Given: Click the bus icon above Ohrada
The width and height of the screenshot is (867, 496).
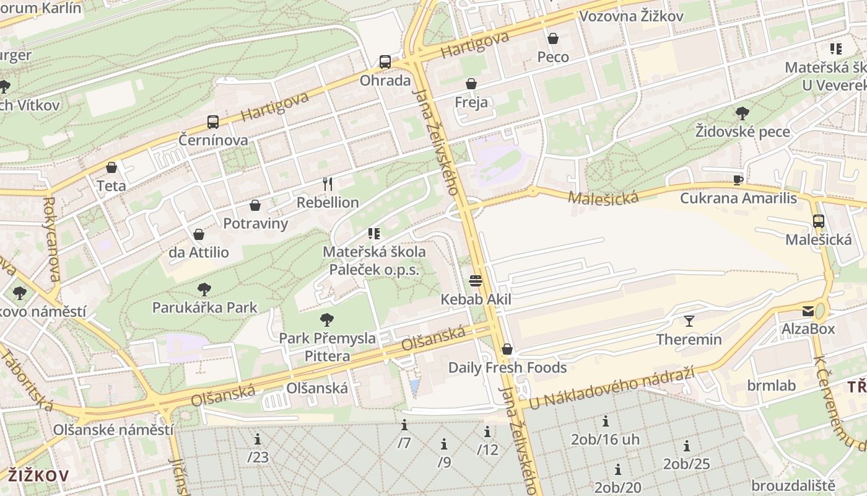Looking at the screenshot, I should click(x=385, y=62).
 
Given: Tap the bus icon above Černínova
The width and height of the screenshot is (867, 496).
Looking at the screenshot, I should click(x=212, y=122).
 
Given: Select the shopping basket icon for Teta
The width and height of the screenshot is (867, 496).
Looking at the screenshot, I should click(x=111, y=167).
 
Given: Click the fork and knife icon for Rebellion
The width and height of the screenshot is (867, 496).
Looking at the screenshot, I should click(x=328, y=184).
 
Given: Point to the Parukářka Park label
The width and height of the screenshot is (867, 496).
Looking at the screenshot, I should click(x=204, y=307).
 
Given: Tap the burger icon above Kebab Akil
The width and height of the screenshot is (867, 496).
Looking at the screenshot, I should click(x=476, y=281).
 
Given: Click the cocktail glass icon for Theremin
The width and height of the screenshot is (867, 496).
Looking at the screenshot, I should click(x=689, y=321).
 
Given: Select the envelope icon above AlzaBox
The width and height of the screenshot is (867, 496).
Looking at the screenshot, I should click(x=808, y=311).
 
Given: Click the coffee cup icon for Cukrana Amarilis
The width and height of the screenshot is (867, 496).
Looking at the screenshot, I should click(x=738, y=180).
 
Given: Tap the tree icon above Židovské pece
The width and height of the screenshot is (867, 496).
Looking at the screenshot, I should click(x=742, y=113).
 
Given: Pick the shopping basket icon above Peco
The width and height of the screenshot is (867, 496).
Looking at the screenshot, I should click(x=552, y=38).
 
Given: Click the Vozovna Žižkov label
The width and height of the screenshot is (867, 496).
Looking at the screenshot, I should click(x=631, y=16).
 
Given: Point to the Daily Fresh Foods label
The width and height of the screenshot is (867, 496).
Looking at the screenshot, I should click(x=507, y=368).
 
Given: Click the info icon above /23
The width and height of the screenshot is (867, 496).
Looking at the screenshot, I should click(x=258, y=440).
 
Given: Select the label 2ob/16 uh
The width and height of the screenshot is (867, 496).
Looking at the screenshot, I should click(x=605, y=440).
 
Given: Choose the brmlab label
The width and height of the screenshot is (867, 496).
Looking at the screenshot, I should click(x=771, y=386).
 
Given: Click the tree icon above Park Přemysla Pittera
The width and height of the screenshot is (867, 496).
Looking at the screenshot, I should click(x=326, y=320).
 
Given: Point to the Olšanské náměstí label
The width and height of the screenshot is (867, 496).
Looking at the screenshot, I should click(x=113, y=430).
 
